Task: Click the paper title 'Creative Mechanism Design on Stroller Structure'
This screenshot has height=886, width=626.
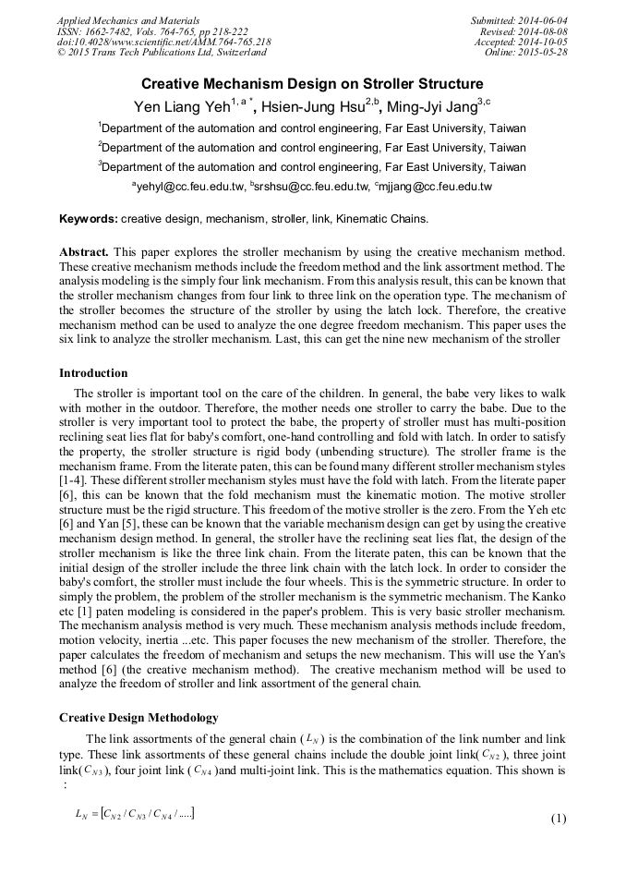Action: point(312,83)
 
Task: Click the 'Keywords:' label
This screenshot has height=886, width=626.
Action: point(89,220)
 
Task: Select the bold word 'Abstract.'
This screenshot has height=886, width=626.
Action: point(85,251)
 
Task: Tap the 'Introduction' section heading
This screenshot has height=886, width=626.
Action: point(93,373)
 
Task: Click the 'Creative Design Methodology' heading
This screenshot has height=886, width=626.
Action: point(138,718)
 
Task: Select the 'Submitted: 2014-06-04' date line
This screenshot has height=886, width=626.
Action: point(519,20)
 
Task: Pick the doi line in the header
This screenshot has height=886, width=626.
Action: point(163,42)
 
